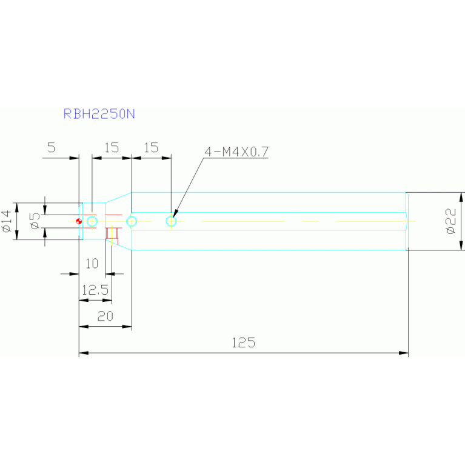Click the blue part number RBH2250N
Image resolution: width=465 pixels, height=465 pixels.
click(x=99, y=114)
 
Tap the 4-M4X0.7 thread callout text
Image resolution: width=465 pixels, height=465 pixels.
click(x=236, y=152)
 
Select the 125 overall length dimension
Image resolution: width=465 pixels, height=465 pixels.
click(x=243, y=343)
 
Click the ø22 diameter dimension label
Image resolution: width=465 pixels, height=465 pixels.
click(x=450, y=221)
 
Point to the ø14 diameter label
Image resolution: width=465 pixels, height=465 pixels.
click(x=7, y=221)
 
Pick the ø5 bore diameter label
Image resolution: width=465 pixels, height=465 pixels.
click(x=35, y=221)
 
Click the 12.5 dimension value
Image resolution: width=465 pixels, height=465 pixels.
click(x=95, y=290)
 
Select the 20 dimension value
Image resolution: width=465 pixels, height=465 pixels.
click(x=105, y=316)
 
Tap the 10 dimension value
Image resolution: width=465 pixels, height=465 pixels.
click(x=92, y=263)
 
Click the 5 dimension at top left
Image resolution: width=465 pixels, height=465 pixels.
click(x=52, y=147)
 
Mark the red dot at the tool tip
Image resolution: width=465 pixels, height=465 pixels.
click(x=79, y=221)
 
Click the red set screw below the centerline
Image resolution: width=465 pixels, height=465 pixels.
click(x=112, y=233)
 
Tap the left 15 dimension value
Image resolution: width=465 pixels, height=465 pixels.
click(x=112, y=147)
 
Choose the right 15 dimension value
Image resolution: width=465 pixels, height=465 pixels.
click(x=151, y=147)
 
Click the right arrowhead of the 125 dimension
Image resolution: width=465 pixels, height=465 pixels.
click(x=404, y=353)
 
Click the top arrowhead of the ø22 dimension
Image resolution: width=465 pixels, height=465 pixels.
click(x=461, y=197)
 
